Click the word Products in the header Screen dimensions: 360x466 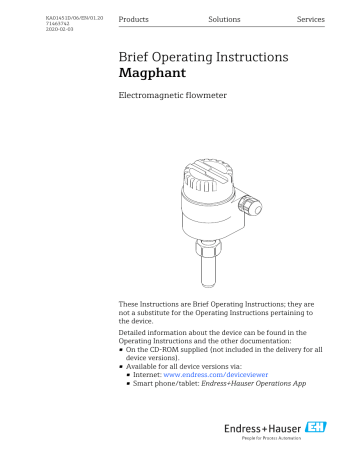[134, 20]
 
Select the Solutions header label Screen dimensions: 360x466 [223, 20]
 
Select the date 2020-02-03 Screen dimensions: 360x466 [61, 32]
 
